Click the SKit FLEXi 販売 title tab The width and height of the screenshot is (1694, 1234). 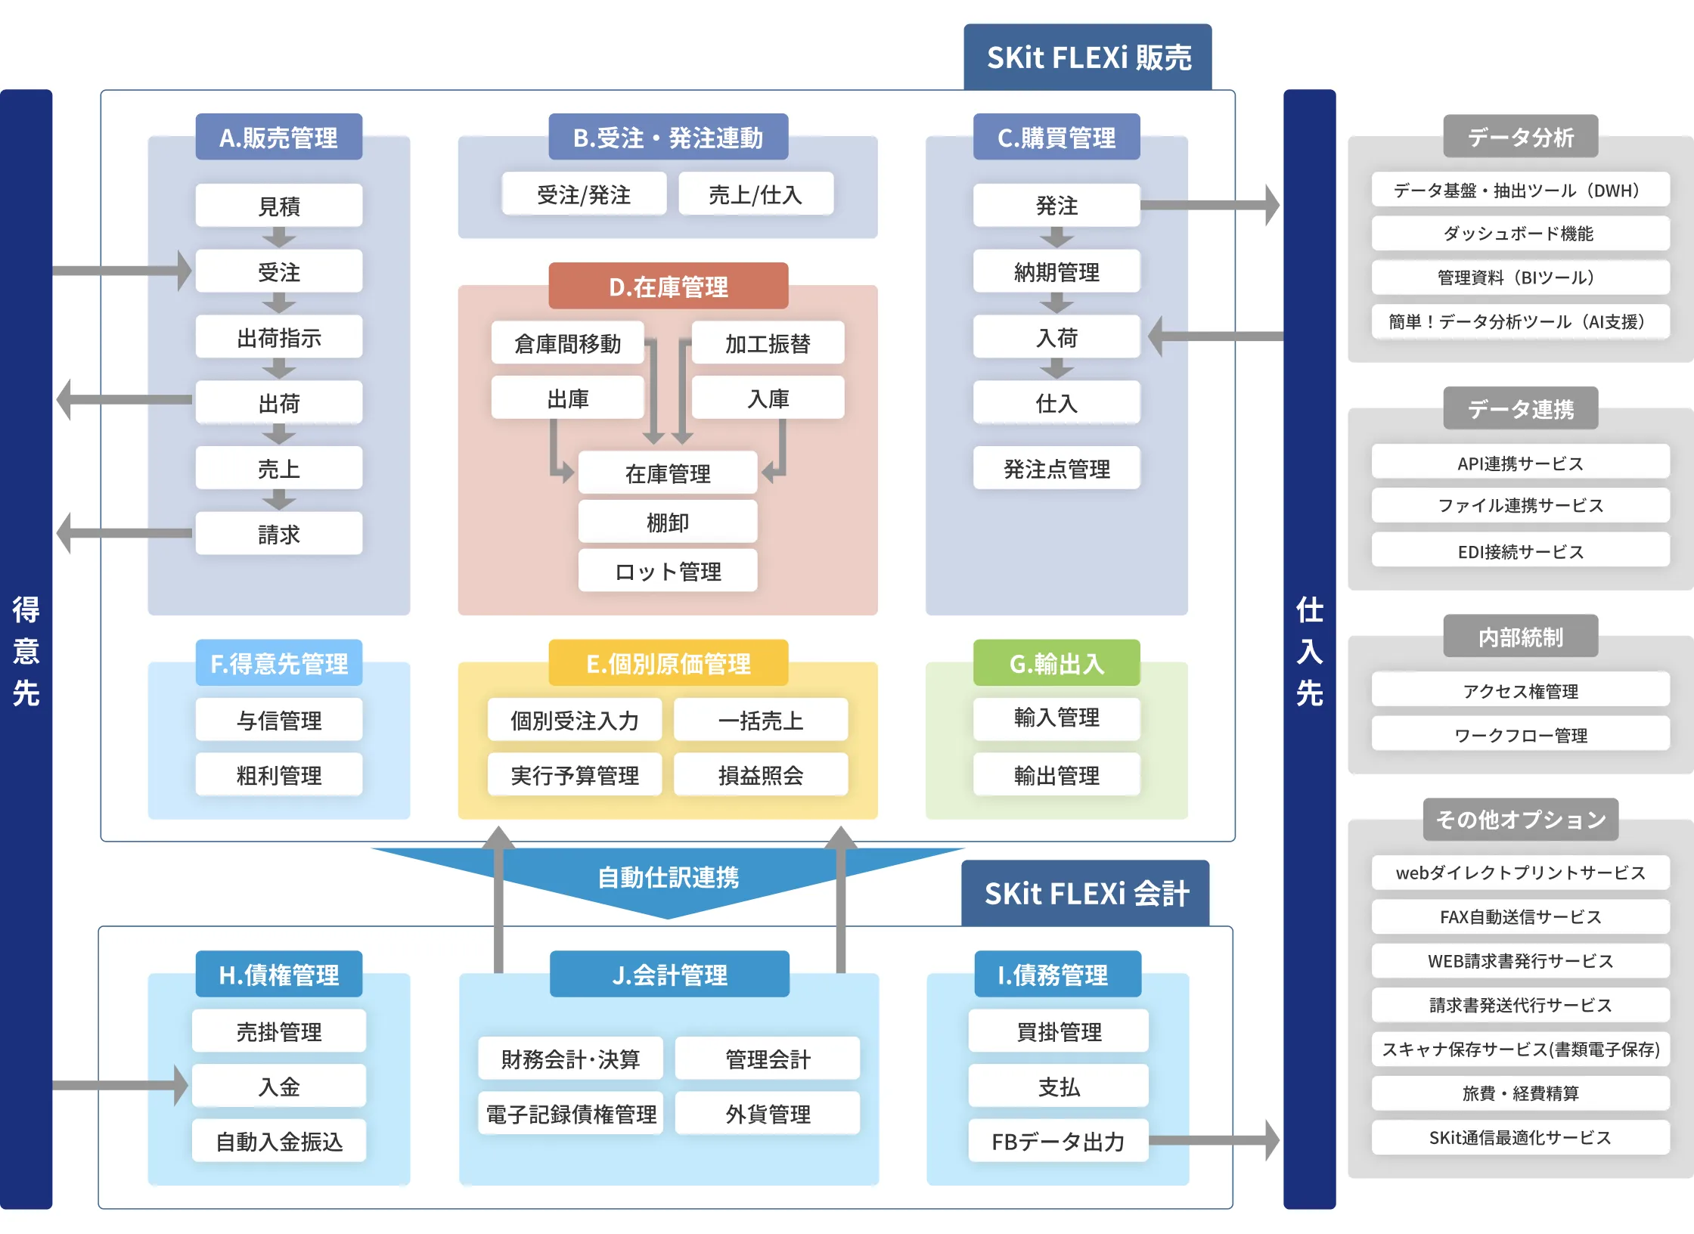coord(1087,57)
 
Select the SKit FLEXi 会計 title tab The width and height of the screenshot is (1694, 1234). coord(1086,894)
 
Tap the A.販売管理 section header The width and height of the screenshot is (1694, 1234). coord(278,138)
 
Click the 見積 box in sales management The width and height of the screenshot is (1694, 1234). coord(278,206)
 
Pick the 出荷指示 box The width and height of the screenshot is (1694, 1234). coord(278,337)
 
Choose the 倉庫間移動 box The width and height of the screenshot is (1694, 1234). coord(567,343)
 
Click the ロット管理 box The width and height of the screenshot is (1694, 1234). coord(667,571)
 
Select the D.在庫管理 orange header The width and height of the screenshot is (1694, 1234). coord(668,287)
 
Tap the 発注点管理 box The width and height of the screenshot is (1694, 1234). coord(1056,469)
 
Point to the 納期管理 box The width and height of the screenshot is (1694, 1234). coord(1056,271)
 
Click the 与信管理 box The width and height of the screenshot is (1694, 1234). coord(278,720)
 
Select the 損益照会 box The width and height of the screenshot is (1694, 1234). coord(760,774)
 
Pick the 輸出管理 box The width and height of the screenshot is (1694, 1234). coord(1056,774)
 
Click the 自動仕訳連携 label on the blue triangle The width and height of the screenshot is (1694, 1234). coord(668,877)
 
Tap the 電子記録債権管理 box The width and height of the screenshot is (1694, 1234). coord(570,1113)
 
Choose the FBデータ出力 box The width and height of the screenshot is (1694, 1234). coord(1057,1140)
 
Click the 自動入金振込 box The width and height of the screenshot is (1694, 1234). coord(278,1140)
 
